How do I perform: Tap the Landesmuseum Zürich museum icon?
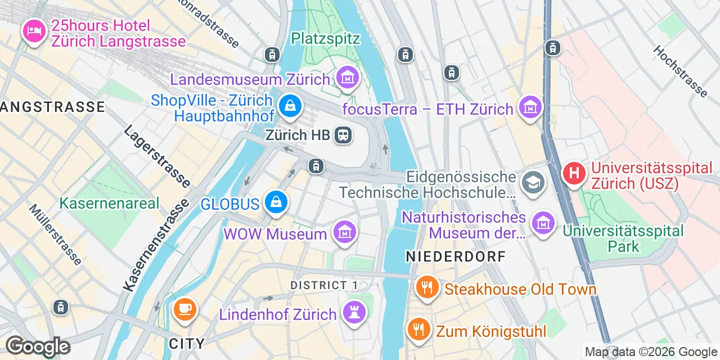[x=347, y=79]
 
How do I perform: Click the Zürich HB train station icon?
[x=343, y=135]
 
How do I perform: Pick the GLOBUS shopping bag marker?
[x=276, y=202]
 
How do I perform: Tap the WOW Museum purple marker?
[x=344, y=231]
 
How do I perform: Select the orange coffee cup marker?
[x=184, y=309]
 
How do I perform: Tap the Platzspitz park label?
[x=326, y=38]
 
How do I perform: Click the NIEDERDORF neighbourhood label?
[x=456, y=256]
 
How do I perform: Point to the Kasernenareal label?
[x=110, y=203]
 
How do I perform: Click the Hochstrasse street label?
[x=680, y=70]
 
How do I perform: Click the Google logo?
[x=38, y=346]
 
